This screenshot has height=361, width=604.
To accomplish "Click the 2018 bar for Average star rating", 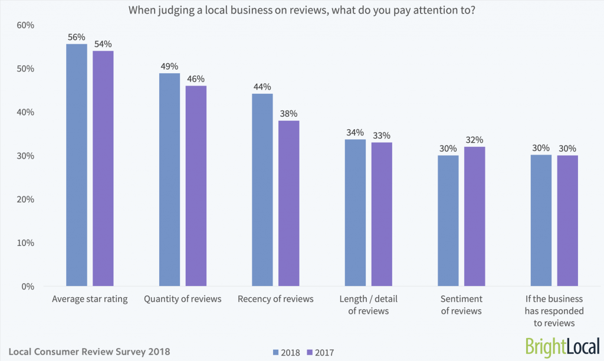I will (x=77, y=165).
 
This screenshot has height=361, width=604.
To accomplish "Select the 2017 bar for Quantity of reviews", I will (x=196, y=186).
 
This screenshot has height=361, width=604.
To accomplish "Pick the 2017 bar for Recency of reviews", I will (x=289, y=204).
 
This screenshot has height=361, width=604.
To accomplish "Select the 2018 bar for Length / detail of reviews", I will (x=355, y=212).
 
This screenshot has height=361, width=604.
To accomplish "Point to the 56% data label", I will (x=77, y=37).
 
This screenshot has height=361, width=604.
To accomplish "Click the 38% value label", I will (x=289, y=113).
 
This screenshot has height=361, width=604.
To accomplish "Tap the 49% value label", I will (x=169, y=66).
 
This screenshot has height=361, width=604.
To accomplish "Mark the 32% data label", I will (x=475, y=140).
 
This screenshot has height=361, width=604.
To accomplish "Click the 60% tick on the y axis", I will (x=25, y=25).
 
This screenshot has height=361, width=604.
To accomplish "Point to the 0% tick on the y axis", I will (x=28, y=287).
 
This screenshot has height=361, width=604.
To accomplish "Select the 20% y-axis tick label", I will (x=25, y=199).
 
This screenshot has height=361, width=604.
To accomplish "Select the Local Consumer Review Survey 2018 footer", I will (x=89, y=352).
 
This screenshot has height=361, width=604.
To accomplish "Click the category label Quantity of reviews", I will (x=183, y=299).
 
